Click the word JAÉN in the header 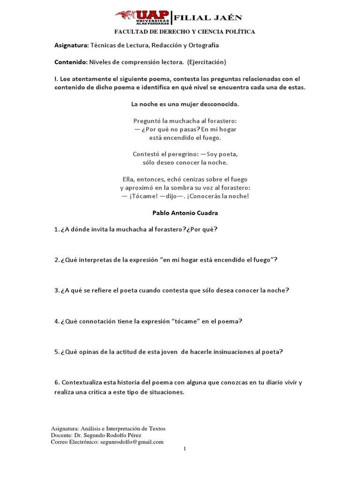(228, 18)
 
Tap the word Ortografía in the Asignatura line (202, 45)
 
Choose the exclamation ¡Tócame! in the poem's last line (142, 196)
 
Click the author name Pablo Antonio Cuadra (185, 212)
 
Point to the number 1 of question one (55, 229)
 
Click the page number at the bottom (185, 449)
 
